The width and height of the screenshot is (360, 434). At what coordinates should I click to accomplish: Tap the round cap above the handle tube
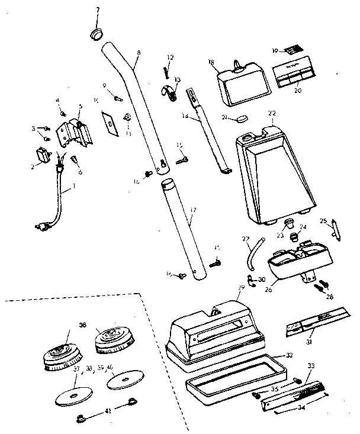click(96, 32)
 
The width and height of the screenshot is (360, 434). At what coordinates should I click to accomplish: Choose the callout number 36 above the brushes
click(82, 324)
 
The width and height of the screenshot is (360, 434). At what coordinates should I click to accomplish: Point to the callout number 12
click(170, 57)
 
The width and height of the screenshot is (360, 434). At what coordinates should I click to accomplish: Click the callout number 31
click(309, 343)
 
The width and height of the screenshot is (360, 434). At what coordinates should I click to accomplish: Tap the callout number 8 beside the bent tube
click(138, 53)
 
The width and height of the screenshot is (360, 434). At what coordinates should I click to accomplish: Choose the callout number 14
click(187, 117)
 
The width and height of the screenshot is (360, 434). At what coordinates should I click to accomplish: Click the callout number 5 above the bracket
click(79, 107)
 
